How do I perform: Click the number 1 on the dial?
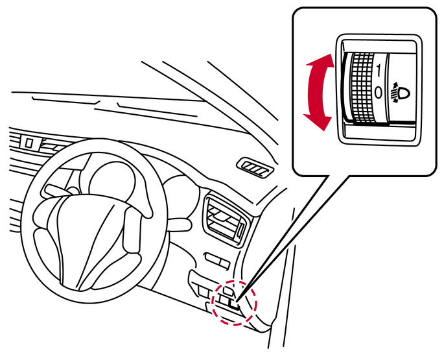(379, 70)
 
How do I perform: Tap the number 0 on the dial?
(379, 92)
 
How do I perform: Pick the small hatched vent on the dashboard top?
(255, 168)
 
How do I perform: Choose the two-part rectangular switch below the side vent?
(217, 261)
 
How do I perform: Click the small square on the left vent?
(29, 142)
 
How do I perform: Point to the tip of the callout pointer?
(236, 300)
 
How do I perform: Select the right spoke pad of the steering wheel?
(132, 230)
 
